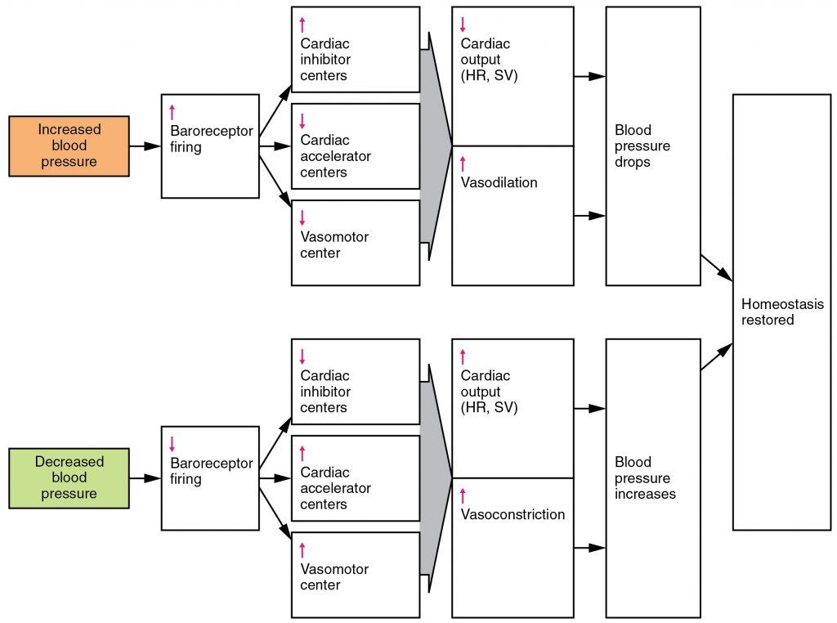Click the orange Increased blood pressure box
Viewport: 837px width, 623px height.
[69, 146]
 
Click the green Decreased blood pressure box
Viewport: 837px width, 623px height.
[69, 477]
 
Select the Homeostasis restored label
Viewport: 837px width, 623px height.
[781, 312]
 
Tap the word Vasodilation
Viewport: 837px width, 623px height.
[499, 182]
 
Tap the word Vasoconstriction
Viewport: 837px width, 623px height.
[512, 514]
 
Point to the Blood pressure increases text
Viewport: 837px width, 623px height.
[642, 477]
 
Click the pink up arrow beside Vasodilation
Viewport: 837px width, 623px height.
[463, 163]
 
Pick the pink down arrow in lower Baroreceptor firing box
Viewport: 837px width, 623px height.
[172, 444]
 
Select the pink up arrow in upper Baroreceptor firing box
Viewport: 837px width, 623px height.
[172, 112]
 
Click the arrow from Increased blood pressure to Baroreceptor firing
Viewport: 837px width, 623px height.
[145, 146]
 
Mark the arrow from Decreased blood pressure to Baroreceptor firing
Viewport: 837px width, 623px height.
[145, 478]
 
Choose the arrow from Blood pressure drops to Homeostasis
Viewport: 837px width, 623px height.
[716, 268]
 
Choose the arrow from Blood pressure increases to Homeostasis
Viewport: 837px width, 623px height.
[716, 357]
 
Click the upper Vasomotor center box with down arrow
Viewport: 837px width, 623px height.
[355, 243]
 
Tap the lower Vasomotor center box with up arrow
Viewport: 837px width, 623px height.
[355, 575]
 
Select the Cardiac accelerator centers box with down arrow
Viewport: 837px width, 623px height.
[355, 146]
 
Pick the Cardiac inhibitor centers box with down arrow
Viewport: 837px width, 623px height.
[355, 381]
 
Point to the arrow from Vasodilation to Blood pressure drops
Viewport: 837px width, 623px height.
[589, 216]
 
